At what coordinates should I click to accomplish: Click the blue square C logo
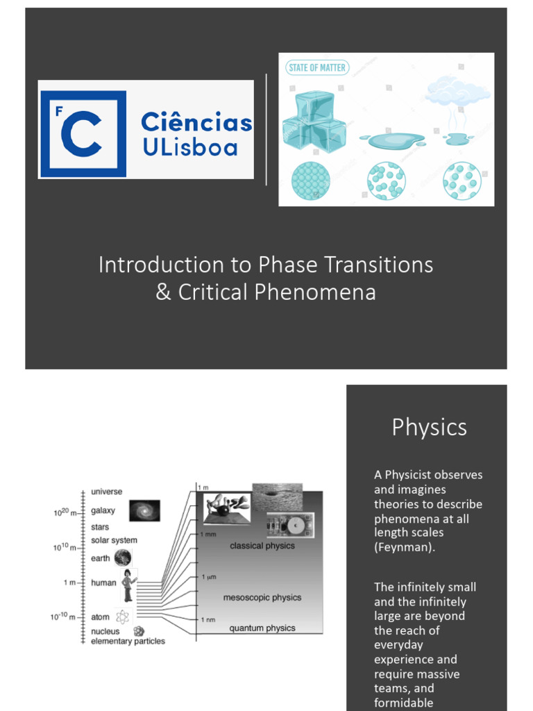point(83,133)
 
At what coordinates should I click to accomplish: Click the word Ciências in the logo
point(196,123)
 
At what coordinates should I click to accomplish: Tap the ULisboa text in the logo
point(189,147)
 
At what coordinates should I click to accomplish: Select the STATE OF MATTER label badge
point(317,67)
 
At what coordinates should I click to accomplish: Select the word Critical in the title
point(213,292)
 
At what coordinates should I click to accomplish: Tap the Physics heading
point(429,427)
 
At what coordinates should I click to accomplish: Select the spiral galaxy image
point(144,510)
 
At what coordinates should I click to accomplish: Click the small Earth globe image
point(123,558)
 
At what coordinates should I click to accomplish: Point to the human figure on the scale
point(128,585)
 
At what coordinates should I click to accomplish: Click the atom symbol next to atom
point(123,617)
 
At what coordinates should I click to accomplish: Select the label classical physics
point(262,546)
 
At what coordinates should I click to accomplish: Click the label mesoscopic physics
point(262,597)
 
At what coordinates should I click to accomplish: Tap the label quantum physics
point(262,628)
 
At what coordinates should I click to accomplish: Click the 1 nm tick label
point(208,619)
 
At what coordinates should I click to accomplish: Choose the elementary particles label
point(128,642)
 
